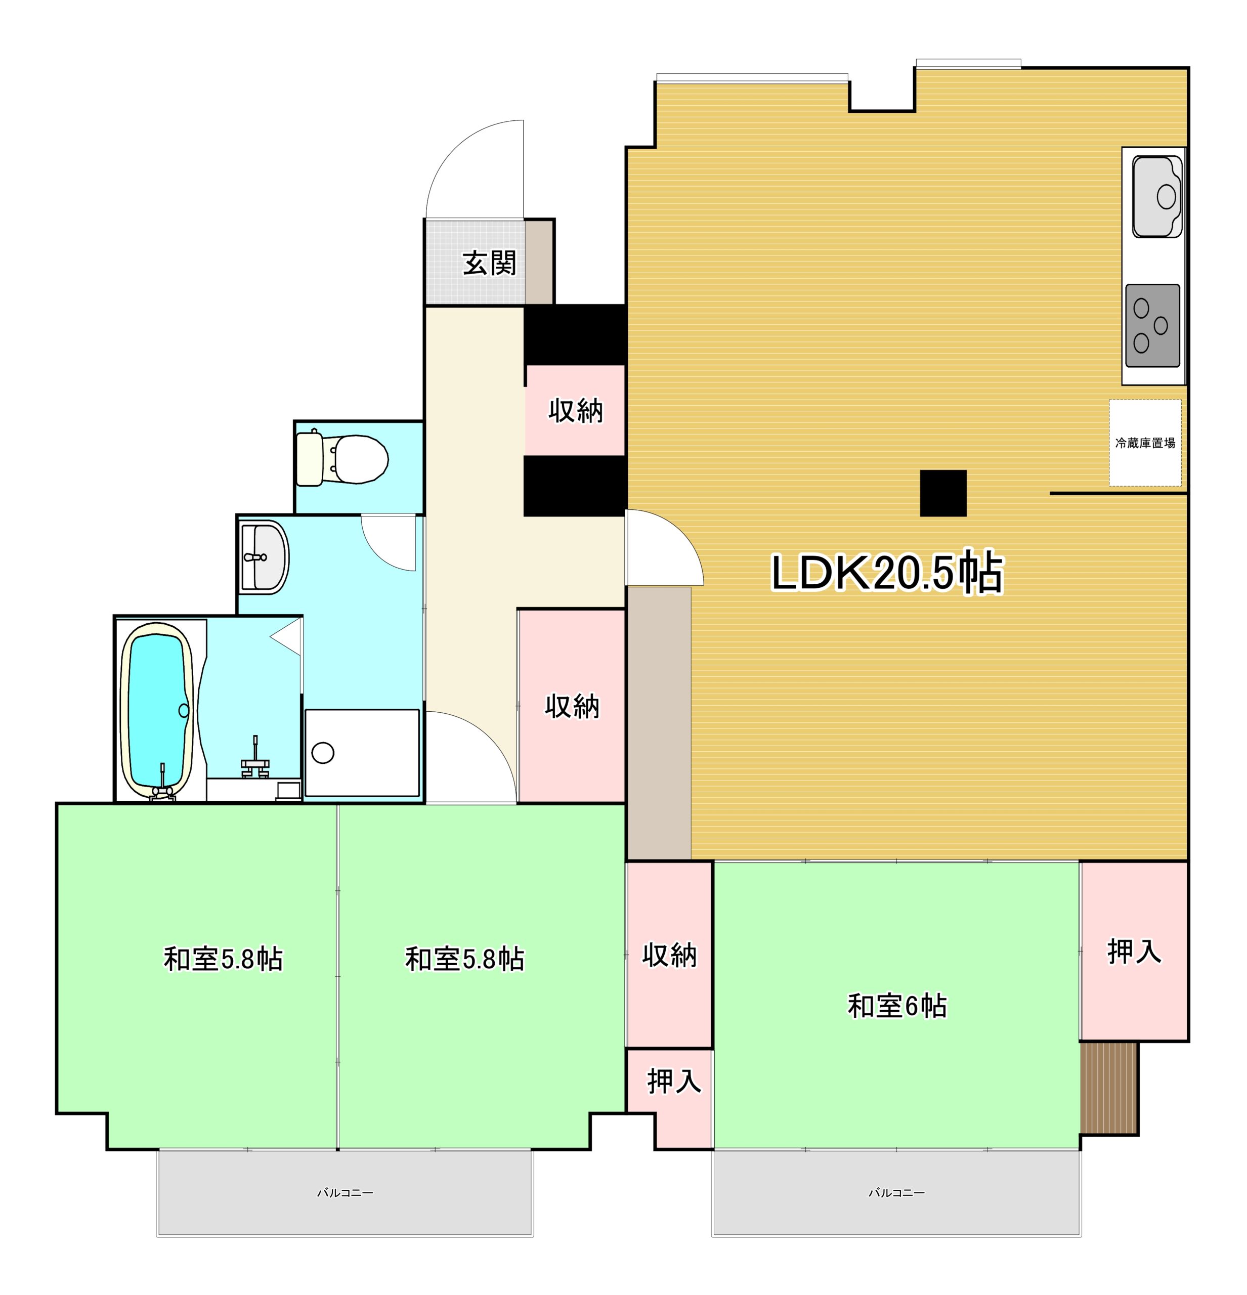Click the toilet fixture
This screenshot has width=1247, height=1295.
coord(341,458)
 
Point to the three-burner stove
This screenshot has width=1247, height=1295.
coord(1152,326)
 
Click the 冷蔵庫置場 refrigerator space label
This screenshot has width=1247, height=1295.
coord(1145,443)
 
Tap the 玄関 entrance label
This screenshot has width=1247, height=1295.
coord(489,263)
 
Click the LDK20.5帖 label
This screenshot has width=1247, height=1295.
coord(887,572)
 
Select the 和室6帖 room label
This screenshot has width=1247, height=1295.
coord(897,1006)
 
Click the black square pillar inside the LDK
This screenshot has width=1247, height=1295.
coord(943,493)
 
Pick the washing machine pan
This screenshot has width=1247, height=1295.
coord(362,753)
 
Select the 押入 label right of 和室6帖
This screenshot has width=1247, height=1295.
coord(1134,952)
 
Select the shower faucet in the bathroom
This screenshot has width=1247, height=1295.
coord(255,758)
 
